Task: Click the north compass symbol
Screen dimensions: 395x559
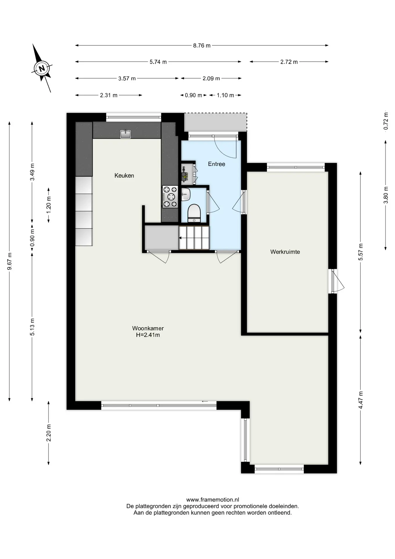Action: [x=42, y=68]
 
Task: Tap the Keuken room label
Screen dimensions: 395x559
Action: [x=124, y=176]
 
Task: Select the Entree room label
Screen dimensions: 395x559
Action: [x=216, y=164]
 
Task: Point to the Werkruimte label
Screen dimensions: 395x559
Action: [x=285, y=252]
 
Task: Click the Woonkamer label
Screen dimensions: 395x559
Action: [x=148, y=328]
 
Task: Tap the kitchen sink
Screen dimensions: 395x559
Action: [x=126, y=134]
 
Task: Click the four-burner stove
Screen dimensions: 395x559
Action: [x=170, y=197]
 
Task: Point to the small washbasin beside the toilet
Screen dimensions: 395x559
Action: [x=186, y=194]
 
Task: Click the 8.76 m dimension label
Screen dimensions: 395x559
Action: [x=202, y=45]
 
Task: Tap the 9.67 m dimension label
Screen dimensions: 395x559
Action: [x=9, y=261]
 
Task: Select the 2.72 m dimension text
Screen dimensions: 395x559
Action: [x=289, y=62]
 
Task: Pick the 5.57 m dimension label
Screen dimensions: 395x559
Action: [x=361, y=252]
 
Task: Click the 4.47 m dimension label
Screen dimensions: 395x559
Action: [x=361, y=400]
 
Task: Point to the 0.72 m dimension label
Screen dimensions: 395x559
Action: [x=386, y=121]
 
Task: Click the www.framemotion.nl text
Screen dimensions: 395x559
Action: [x=213, y=500]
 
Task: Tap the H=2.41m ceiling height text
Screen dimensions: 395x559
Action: [x=148, y=335]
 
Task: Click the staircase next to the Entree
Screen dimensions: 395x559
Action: [x=194, y=238]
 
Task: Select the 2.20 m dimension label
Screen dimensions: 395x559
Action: [x=49, y=433]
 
